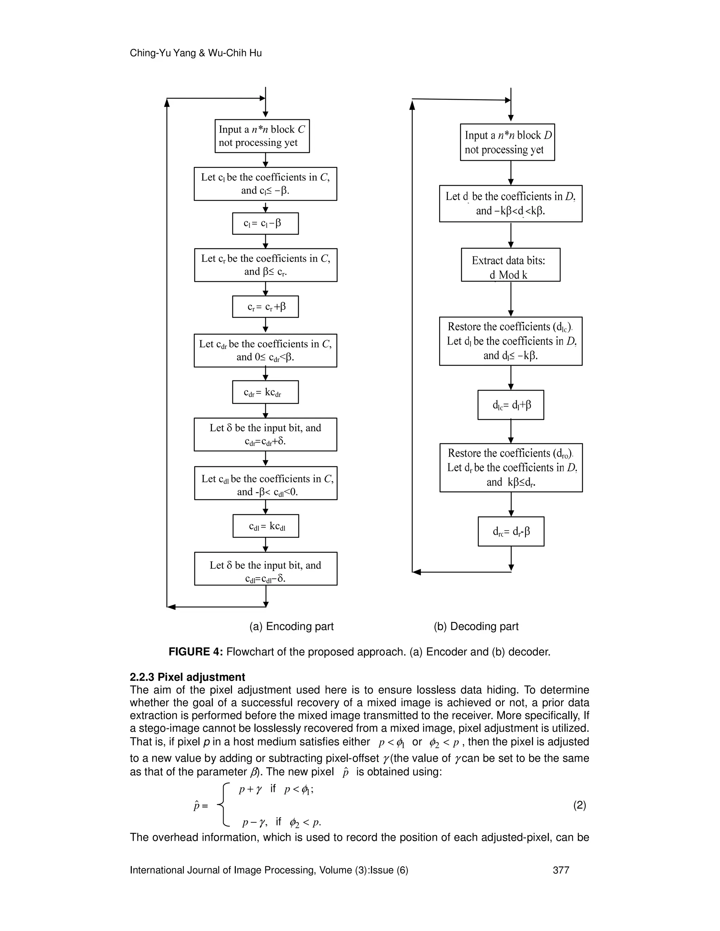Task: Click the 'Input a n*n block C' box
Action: pyautogui.click(x=262, y=136)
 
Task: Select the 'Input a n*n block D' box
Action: pyautogui.click(x=507, y=142)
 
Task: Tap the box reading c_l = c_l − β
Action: pyautogui.click(x=265, y=223)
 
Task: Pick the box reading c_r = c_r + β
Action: pyautogui.click(x=265, y=306)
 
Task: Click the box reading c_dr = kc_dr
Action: pyautogui.click(x=265, y=392)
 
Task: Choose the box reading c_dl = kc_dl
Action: pyautogui.click(x=266, y=526)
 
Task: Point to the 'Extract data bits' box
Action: pyautogui.click(x=510, y=265)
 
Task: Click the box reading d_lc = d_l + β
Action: pyautogui.click(x=510, y=405)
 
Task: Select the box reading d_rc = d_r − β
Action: pyautogui.click(x=511, y=532)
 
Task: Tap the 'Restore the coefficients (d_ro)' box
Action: pyautogui.click(x=511, y=468)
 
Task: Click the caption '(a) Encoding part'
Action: pyautogui.click(x=291, y=626)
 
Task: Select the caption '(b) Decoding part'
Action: pyautogui.click(x=476, y=626)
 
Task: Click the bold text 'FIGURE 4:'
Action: pyautogui.click(x=196, y=652)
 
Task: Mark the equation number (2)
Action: pyautogui.click(x=580, y=805)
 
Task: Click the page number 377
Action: pyautogui.click(x=561, y=870)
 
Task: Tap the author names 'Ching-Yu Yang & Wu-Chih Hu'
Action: pyautogui.click(x=196, y=53)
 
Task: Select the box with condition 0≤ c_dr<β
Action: pyautogui.click(x=265, y=350)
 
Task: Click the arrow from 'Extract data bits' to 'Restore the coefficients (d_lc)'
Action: pyautogui.click(x=511, y=299)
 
